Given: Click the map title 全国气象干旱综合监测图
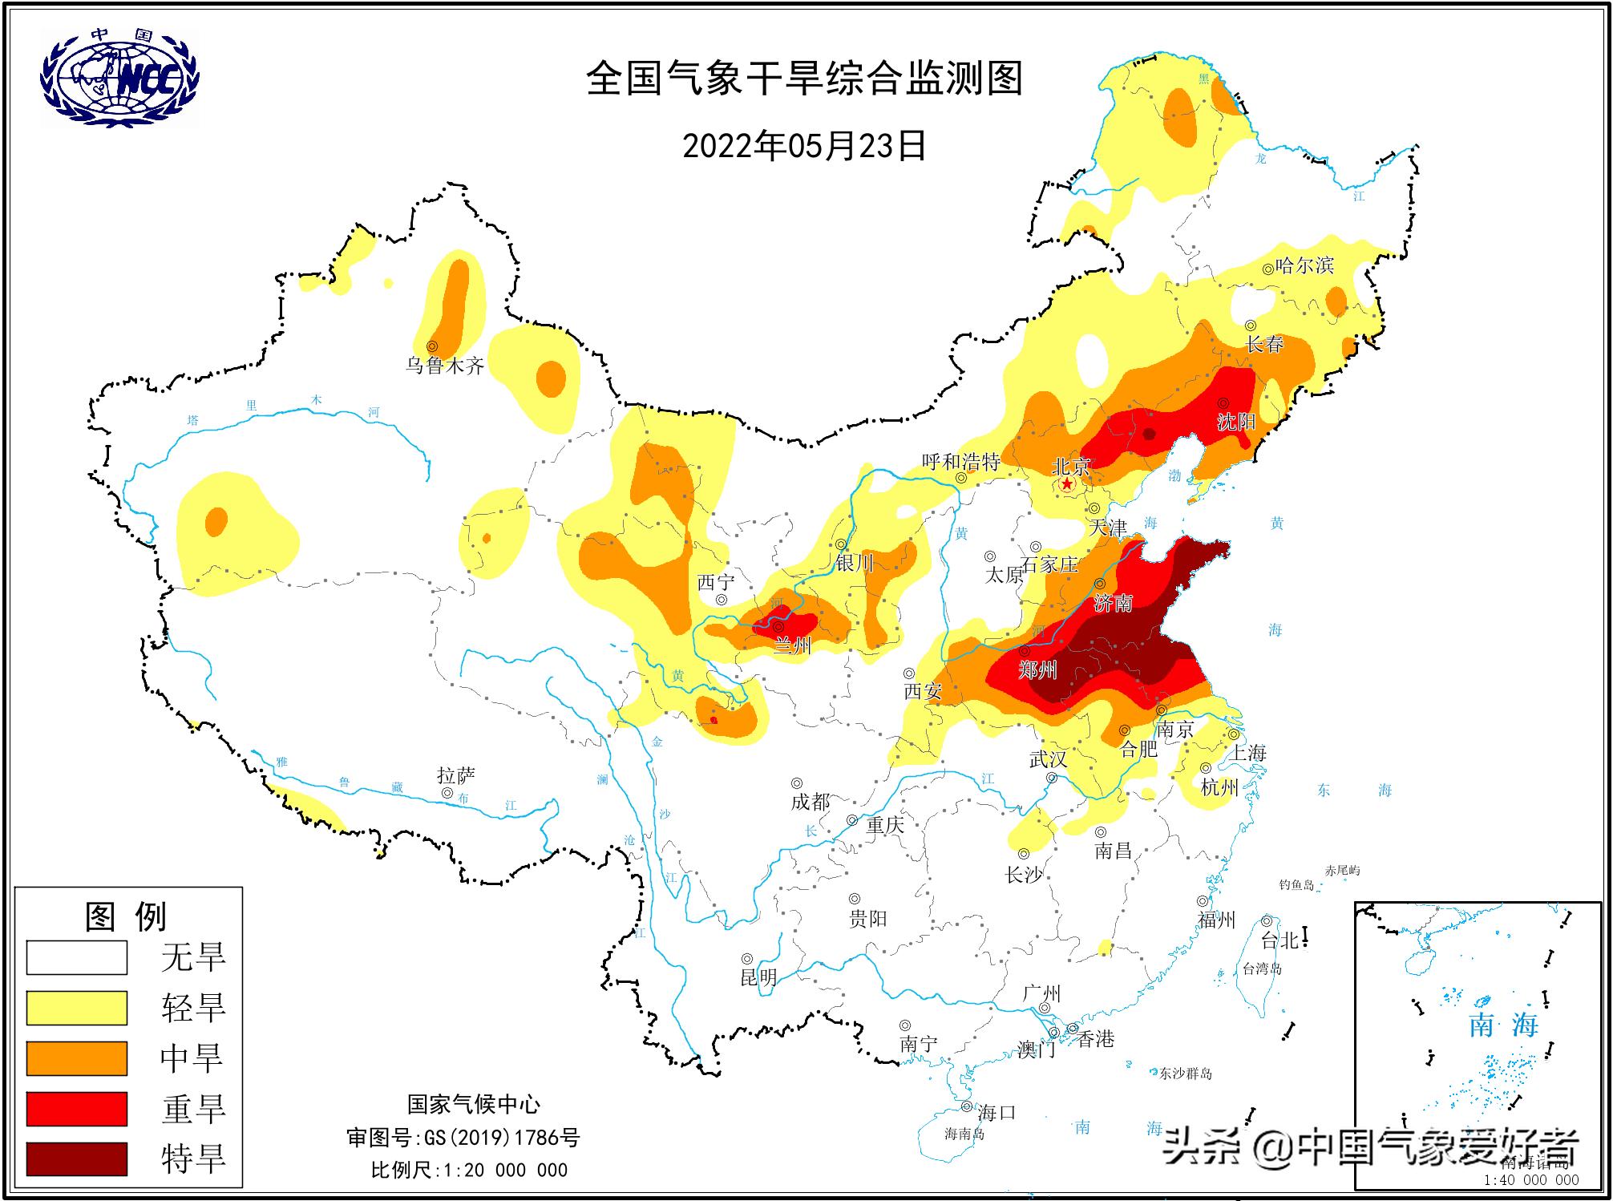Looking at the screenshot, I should pos(804,79).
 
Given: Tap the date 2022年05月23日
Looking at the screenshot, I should pos(804,146).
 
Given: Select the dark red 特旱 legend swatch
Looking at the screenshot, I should pos(77,1159).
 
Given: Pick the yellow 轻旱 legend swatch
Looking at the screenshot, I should pos(77,1008).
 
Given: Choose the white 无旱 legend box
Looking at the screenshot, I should pos(77,957).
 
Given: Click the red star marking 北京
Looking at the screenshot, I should pos(1067,484).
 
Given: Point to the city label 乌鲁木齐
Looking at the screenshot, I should pos(445,366).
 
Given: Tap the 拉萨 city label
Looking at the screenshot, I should pos(456,775).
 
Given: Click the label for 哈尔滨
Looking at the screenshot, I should pos(1304,265).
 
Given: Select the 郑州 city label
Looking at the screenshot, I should pos(1037,669).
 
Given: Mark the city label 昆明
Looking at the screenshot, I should pos(758,977).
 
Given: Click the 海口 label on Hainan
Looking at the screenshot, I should pos(997,1112).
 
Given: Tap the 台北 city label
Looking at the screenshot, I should pos(1279,940).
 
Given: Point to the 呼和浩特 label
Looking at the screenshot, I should pos(960,462).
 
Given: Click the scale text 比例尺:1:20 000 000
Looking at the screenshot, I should pos(469,1170).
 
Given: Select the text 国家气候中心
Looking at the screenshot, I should pos(473,1105).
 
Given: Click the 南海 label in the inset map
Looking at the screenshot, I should pos(1503,1025).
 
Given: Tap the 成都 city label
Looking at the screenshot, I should pos(811,801).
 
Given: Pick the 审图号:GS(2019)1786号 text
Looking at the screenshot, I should pos(463,1138).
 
